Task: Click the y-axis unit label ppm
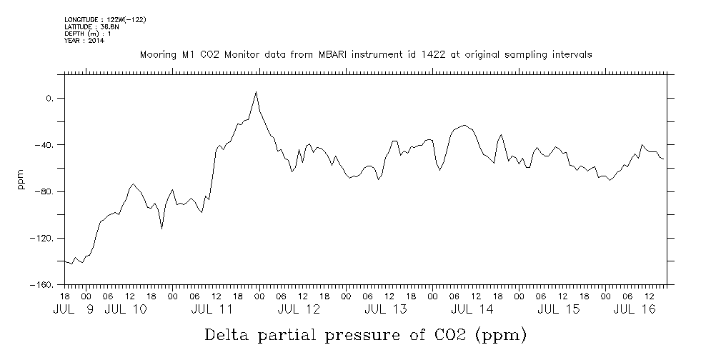coord(20,179)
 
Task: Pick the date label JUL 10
coord(126,309)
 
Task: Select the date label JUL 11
coord(212,309)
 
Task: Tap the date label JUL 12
coord(299,309)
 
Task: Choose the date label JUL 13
coord(386,309)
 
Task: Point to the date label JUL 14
coord(472,309)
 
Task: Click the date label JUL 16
coord(635,309)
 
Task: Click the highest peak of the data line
coord(257,91)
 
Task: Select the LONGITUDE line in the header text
coord(105,19)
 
